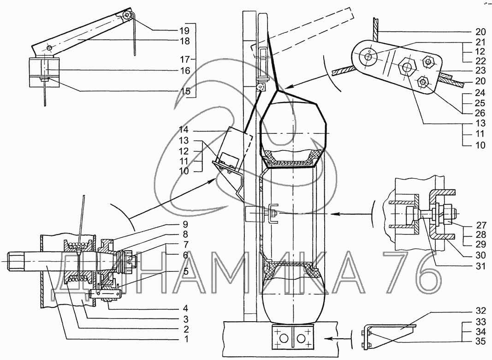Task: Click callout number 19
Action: (184, 30)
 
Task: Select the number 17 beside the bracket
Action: (184, 59)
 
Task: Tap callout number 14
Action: (184, 130)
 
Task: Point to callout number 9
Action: (185, 224)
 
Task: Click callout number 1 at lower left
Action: (186, 339)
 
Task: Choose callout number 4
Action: (186, 307)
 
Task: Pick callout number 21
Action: (480, 42)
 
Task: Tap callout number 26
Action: (480, 113)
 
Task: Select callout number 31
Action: (480, 266)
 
